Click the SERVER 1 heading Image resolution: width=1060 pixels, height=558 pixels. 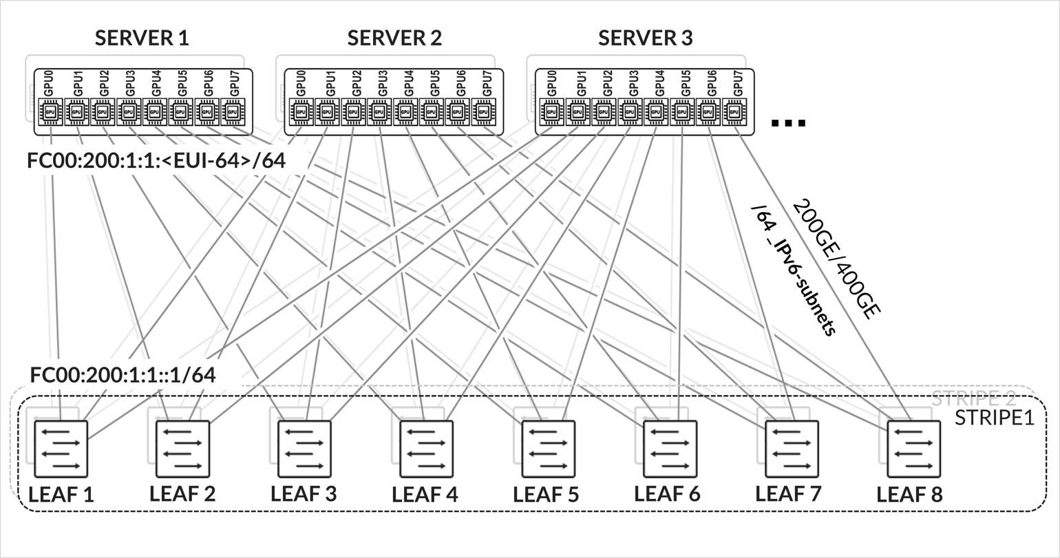pyautogui.click(x=142, y=38)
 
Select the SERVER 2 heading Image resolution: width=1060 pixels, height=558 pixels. pyautogui.click(x=394, y=38)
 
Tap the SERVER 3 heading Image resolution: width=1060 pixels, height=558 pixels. pyautogui.click(x=645, y=38)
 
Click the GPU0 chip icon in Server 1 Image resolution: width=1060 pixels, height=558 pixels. pyautogui.click(x=50, y=111)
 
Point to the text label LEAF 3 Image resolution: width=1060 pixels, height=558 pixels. pyautogui.click(x=304, y=493)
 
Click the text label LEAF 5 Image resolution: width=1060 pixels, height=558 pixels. pyautogui.click(x=547, y=494)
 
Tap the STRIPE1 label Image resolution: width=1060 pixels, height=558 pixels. pyautogui.click(x=995, y=418)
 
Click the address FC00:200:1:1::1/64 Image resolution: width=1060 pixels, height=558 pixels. pyautogui.click(x=123, y=375)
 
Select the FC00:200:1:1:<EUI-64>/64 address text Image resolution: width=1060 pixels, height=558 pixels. pyautogui.click(x=156, y=161)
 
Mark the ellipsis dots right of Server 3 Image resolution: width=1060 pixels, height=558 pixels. pyautogui.click(x=788, y=124)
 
